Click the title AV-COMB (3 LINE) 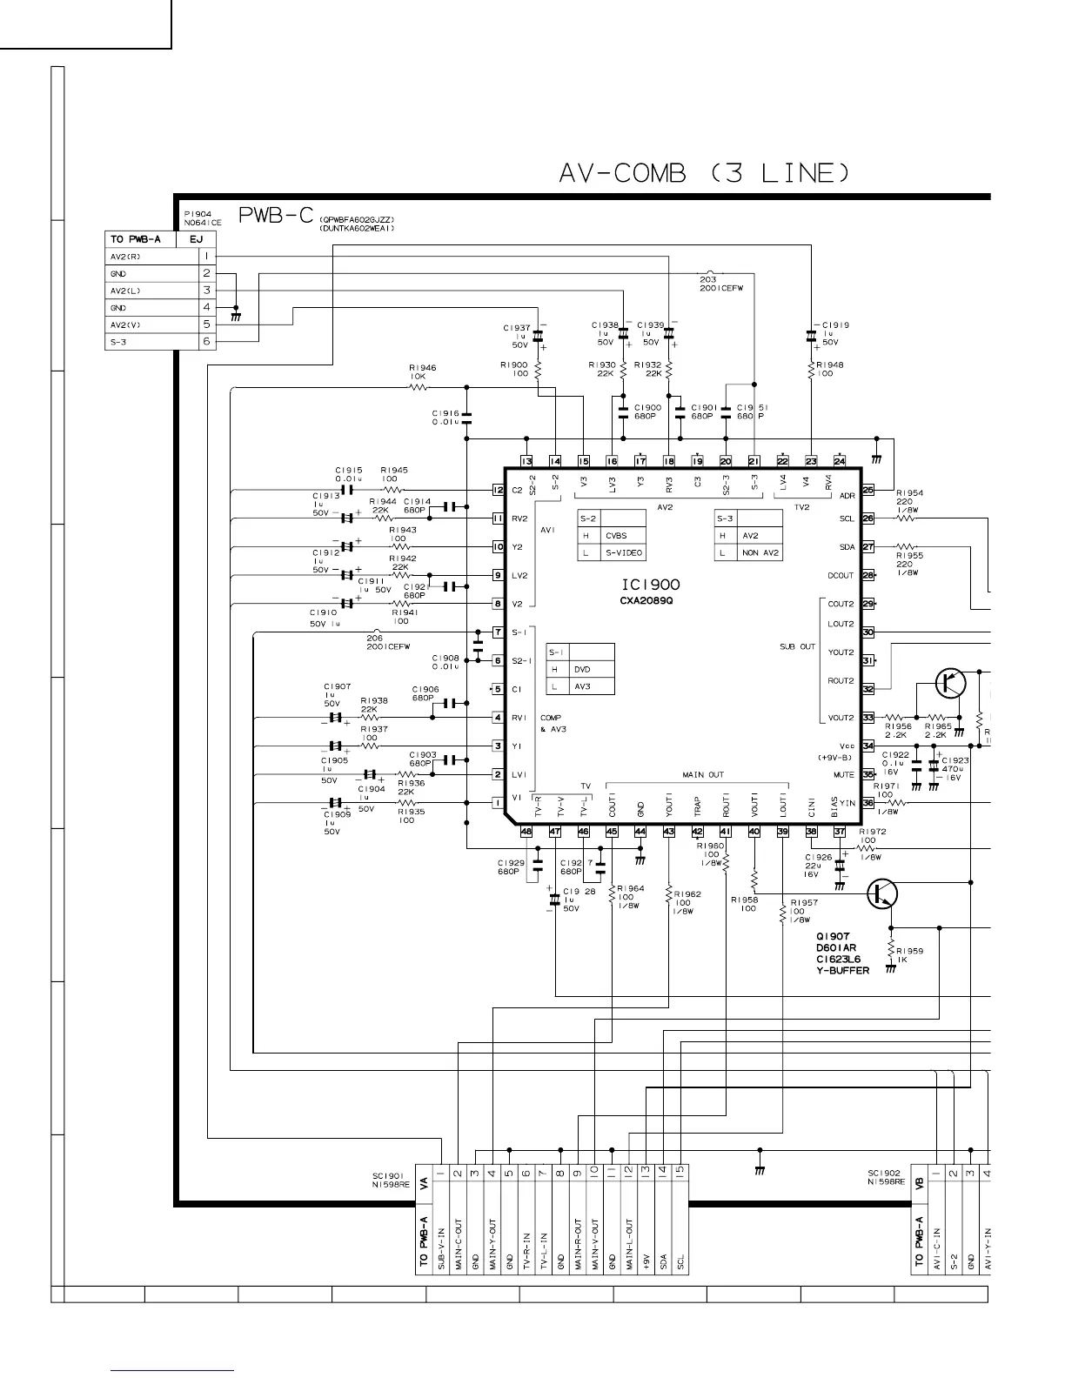[703, 173]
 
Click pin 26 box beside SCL [867, 518]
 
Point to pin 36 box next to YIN [867, 803]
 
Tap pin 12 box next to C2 [498, 490]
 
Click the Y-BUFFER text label [842, 970]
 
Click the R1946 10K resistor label [423, 371]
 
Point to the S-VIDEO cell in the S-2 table [624, 552]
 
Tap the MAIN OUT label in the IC [702, 774]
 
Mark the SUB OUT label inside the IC [797, 646]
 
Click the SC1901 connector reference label [391, 1179]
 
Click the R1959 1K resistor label [910, 955]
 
